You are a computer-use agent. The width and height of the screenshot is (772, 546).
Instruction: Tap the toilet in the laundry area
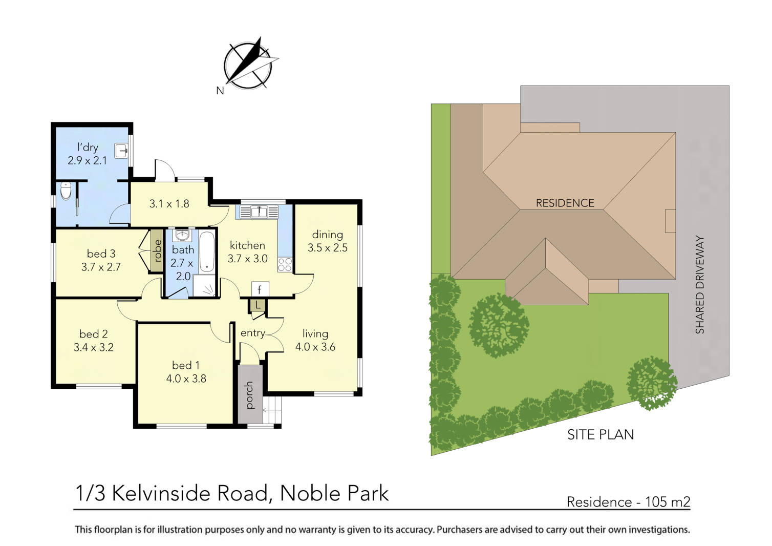(x=66, y=191)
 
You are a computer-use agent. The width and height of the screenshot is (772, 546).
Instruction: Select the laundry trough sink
(x=121, y=151)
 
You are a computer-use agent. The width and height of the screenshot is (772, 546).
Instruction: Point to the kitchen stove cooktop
(x=285, y=264)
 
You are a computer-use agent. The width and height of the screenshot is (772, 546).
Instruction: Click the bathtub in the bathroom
(x=207, y=251)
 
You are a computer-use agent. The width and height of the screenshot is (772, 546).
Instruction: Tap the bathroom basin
(x=182, y=236)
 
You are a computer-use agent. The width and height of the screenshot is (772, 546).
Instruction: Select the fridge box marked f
(x=260, y=290)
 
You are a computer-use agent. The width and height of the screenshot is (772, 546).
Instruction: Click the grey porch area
(x=250, y=394)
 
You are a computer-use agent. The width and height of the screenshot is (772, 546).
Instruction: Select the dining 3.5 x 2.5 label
(x=327, y=241)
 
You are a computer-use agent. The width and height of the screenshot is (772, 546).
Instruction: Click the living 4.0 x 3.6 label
(x=315, y=340)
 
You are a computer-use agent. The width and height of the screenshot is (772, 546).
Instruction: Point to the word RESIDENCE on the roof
(x=565, y=203)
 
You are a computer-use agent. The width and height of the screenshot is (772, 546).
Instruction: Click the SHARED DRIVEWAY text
(x=700, y=285)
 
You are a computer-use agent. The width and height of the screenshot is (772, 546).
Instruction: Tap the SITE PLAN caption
(x=600, y=435)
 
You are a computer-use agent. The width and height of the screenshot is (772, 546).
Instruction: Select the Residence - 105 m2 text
(x=628, y=502)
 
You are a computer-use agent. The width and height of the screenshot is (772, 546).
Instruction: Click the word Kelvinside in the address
(x=189, y=493)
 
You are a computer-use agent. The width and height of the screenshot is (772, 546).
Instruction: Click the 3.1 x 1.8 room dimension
(x=169, y=204)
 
